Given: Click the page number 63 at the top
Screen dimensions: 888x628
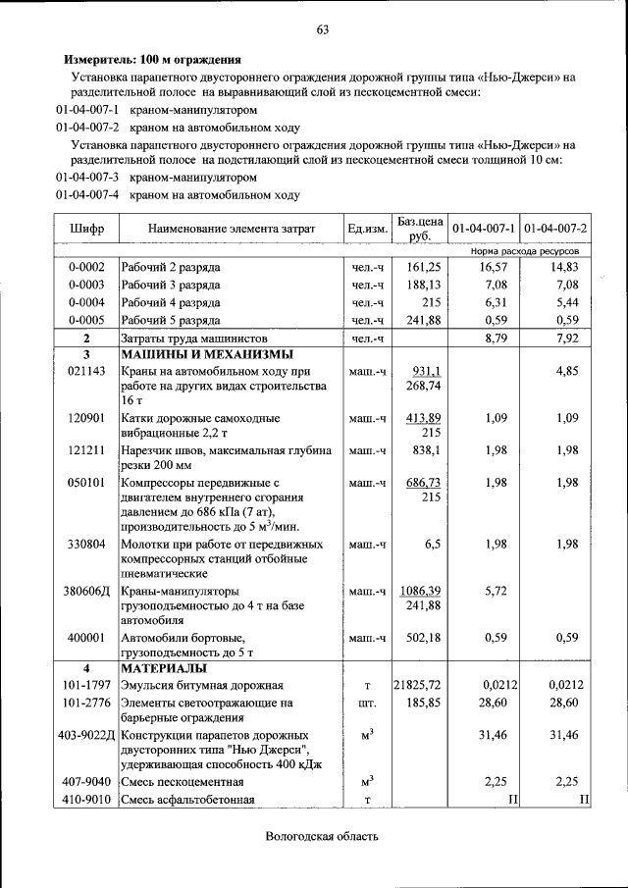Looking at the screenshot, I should [x=321, y=28].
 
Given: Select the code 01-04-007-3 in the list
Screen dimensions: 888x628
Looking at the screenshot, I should [x=87, y=178].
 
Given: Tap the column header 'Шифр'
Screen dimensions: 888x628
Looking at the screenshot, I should [x=86, y=229].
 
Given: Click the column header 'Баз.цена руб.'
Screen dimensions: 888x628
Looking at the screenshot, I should [x=420, y=228].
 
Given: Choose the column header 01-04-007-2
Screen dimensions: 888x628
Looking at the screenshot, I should [x=555, y=229].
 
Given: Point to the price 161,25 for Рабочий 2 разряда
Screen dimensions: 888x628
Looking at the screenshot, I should [x=424, y=267].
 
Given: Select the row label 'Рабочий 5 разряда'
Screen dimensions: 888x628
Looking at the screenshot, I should [x=170, y=320].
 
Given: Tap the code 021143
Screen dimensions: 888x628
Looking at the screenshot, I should [x=86, y=372].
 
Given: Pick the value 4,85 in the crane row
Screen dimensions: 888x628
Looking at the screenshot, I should [x=567, y=372].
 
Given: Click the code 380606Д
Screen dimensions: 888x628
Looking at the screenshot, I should [x=86, y=593].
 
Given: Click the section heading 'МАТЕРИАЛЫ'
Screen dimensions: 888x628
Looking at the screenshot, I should [x=163, y=668].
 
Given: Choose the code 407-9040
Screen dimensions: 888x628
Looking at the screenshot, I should [x=86, y=782].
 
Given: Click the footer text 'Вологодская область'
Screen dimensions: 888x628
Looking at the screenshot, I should [x=321, y=836].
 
